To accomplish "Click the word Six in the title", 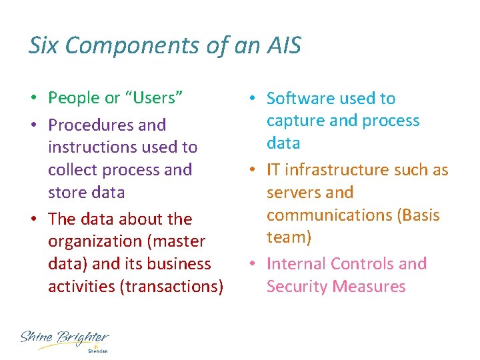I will tap(44, 45).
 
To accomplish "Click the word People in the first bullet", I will tap(74, 98).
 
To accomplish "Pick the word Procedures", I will tap(93, 125).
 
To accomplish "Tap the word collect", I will tap(71, 169).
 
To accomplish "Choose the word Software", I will tap(297, 99).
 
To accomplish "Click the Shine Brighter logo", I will tap(65, 340).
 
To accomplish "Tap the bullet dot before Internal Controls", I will tap(253, 265).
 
